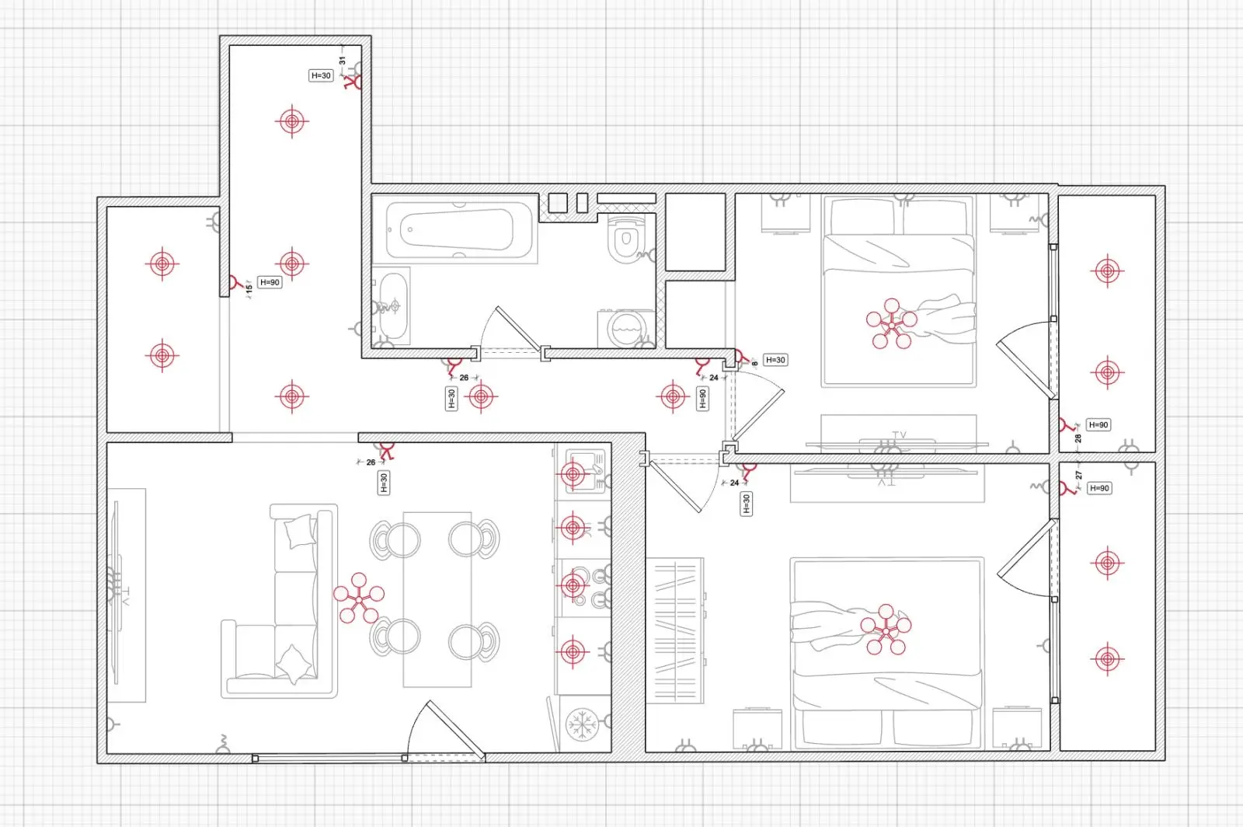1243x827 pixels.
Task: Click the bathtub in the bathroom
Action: (459, 230)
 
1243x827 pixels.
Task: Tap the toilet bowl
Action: (627, 239)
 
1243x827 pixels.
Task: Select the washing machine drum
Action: (627, 329)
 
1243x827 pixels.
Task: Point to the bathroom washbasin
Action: (394, 305)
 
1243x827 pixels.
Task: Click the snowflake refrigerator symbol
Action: (582, 724)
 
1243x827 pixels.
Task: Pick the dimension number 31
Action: (343, 61)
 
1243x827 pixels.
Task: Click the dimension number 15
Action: (249, 288)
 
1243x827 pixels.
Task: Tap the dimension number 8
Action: (754, 364)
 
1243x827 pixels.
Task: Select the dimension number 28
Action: (1078, 438)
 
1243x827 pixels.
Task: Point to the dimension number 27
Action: (1078, 475)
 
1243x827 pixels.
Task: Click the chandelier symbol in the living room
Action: (359, 598)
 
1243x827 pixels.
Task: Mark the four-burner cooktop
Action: (587, 588)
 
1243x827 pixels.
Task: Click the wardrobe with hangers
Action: (675, 630)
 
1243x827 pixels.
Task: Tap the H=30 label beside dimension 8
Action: (775, 360)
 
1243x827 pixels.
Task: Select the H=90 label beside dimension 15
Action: (270, 282)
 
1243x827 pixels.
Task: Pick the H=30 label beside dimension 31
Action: (321, 75)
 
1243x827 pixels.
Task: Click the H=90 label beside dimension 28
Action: (1099, 424)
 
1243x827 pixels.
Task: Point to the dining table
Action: (437, 599)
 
